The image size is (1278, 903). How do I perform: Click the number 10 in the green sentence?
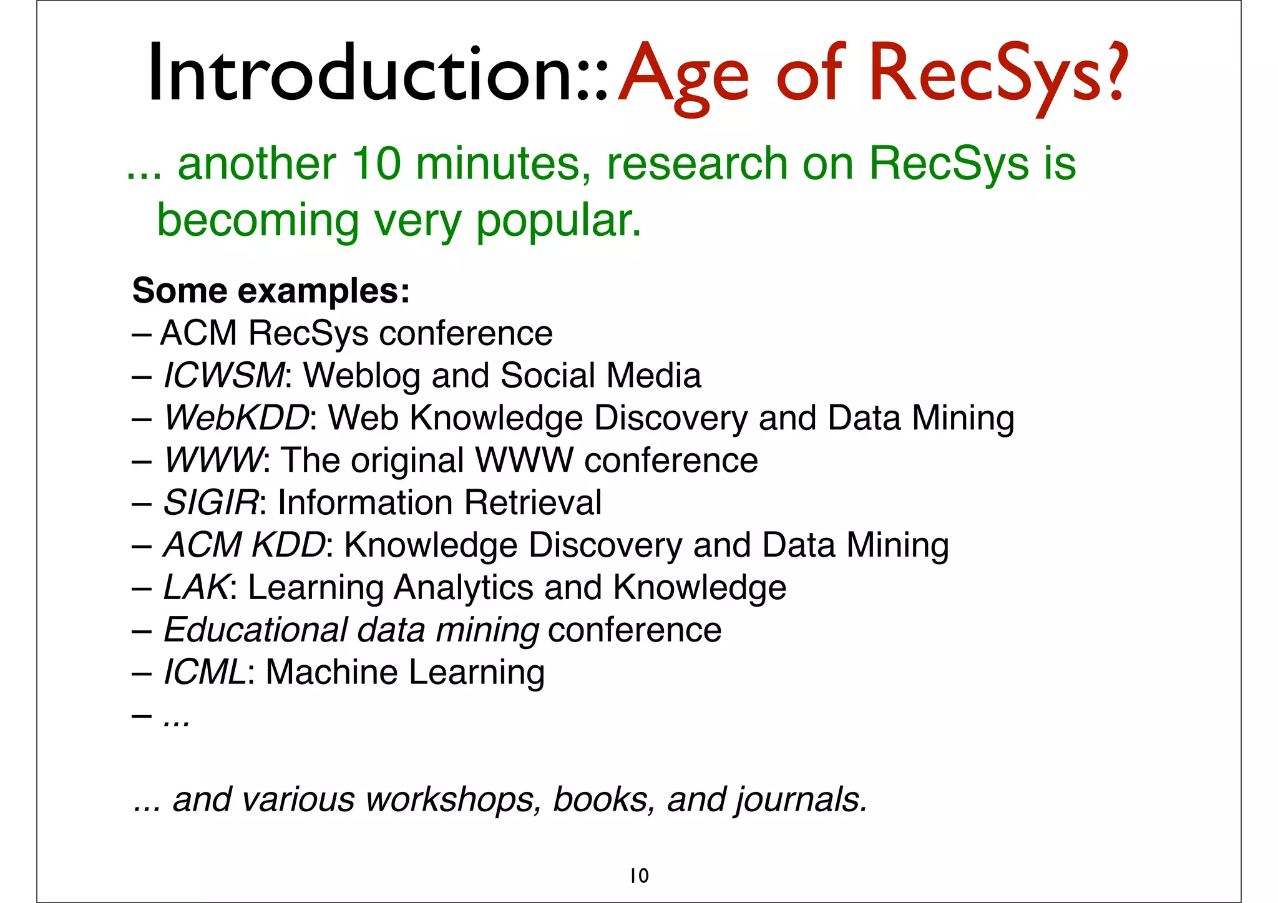376,164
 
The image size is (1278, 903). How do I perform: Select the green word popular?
559,221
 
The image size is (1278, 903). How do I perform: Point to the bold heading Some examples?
271,291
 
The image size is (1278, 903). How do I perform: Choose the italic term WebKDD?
235,418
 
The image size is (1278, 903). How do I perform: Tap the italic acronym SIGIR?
210,503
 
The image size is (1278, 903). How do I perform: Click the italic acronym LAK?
196,588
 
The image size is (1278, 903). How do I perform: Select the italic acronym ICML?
205,673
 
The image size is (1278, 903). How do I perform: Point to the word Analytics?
463,588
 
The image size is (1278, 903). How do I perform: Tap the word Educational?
255,630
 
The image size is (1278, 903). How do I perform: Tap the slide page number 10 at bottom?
639,876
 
